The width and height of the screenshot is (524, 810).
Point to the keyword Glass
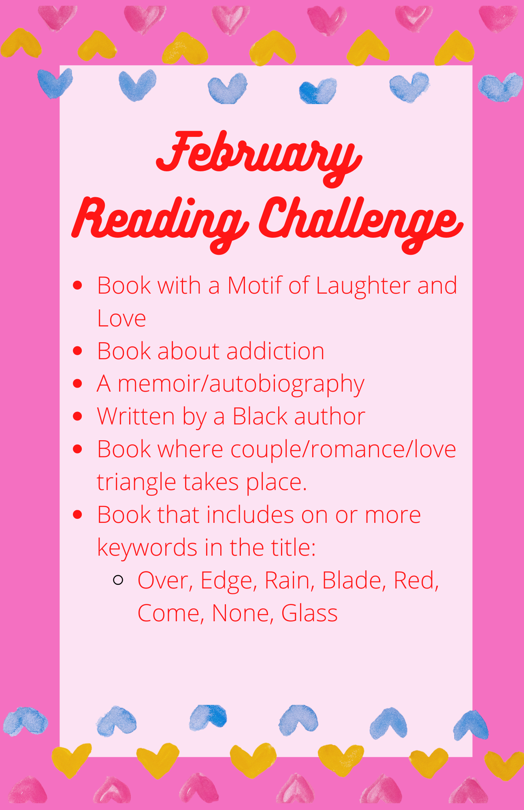(309, 613)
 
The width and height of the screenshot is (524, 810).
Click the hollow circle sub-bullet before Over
(118, 580)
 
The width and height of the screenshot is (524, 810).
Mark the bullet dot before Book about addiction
(77, 351)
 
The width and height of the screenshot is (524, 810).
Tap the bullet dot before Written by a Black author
(77, 416)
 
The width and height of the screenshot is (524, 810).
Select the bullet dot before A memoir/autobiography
(77, 384)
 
